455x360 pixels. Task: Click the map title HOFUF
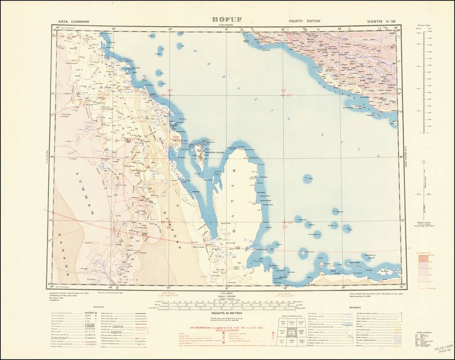[x=227, y=20]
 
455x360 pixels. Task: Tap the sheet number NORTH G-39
[x=384, y=21]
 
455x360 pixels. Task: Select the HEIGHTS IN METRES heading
[x=227, y=312]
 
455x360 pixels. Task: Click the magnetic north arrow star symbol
[x=424, y=162]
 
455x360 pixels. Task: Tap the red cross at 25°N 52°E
[x=283, y=222]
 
